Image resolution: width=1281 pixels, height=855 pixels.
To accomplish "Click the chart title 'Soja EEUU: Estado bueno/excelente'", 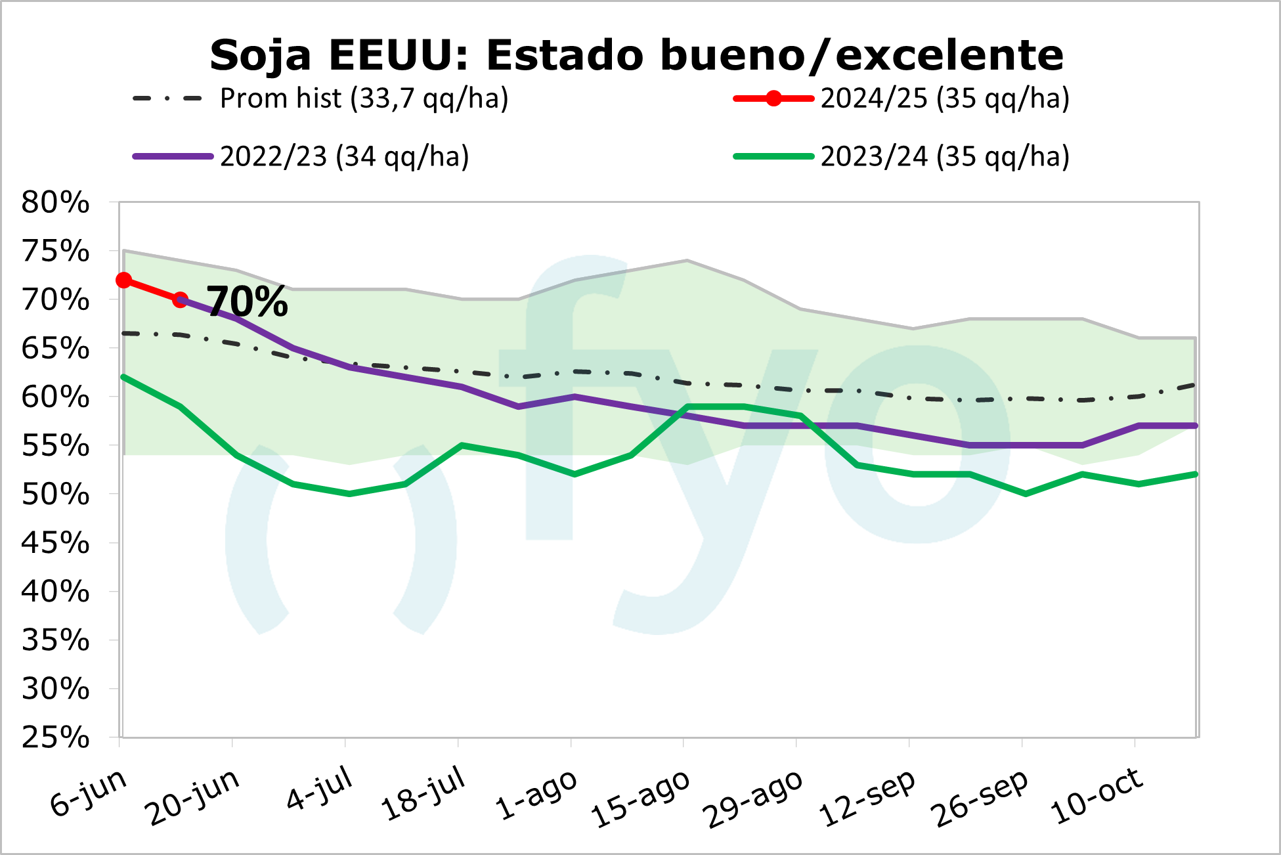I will (636, 55).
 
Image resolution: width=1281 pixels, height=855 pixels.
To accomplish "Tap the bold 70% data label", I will (248, 302).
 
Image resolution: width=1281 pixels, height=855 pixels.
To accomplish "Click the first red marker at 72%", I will (123, 280).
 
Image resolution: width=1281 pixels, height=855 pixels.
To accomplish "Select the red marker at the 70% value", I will (180, 300).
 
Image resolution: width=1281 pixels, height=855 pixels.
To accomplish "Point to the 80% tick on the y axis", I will (55, 202).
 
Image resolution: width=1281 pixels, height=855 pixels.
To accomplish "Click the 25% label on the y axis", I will (55, 737).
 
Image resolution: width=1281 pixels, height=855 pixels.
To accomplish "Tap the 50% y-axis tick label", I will (55, 494).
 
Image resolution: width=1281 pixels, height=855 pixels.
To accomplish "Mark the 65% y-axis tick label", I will (55, 349).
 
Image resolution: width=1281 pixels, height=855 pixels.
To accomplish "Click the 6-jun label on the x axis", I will (89, 793).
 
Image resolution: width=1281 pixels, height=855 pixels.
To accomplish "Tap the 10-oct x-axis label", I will (1096, 795).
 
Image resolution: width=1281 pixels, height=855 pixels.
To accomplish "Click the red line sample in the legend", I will (773, 99).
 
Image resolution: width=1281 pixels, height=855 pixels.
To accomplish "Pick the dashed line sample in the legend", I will (167, 99).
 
